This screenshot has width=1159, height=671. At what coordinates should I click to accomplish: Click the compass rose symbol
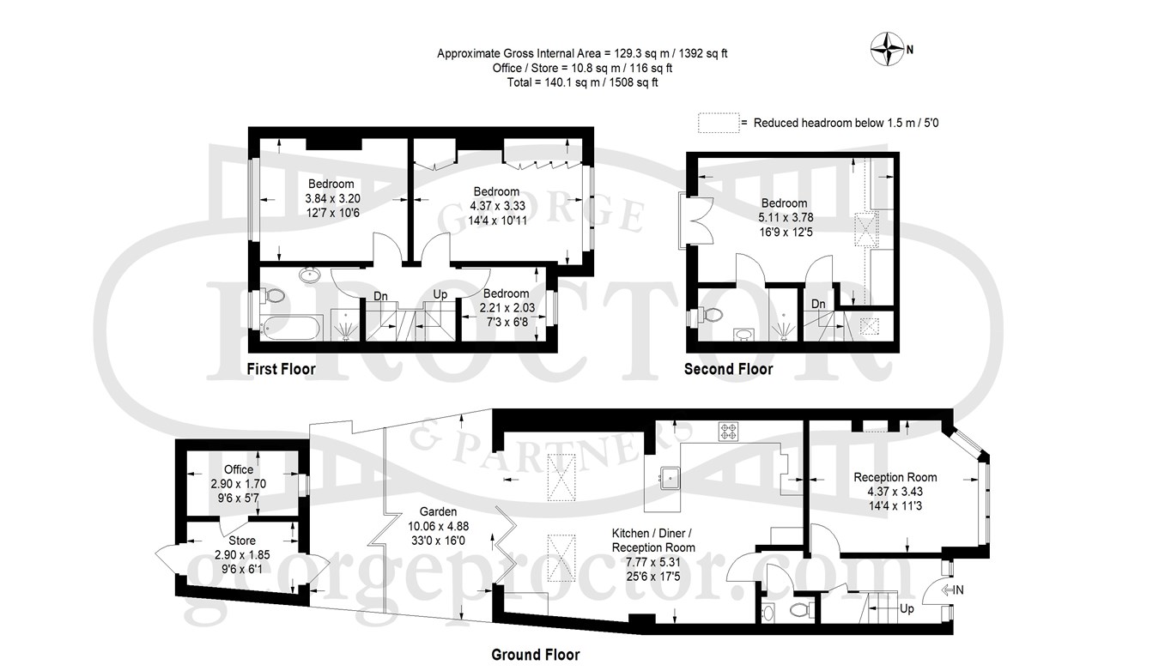(887, 49)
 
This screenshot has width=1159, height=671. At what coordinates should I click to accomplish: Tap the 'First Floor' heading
(281, 369)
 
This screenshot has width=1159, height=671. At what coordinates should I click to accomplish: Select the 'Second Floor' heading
(728, 369)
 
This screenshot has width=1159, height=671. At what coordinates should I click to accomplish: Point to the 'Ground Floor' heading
(536, 655)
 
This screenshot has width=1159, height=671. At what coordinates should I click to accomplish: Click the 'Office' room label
(239, 469)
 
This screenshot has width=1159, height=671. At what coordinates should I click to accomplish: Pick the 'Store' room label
(241, 541)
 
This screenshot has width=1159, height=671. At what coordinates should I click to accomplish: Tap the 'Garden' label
(438, 511)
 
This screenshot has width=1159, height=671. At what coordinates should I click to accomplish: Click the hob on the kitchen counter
(728, 432)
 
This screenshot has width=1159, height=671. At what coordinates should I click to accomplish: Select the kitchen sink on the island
(670, 478)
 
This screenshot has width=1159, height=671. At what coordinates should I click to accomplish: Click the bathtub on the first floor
(289, 329)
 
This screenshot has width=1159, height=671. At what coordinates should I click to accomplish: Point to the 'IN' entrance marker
(953, 589)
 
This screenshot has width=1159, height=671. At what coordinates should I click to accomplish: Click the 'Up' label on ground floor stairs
(907, 609)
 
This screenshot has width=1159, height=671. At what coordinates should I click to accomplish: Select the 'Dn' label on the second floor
(818, 304)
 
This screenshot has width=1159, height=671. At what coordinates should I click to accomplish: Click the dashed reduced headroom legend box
(719, 123)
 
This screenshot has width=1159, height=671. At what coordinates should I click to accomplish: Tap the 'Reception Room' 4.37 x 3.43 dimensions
(895, 492)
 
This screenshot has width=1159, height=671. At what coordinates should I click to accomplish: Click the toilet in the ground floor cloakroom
(802, 610)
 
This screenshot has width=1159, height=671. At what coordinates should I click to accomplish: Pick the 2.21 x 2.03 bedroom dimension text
(507, 307)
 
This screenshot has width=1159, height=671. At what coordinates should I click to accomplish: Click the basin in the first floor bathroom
(310, 275)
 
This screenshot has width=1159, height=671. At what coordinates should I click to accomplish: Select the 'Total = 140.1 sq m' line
(583, 82)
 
